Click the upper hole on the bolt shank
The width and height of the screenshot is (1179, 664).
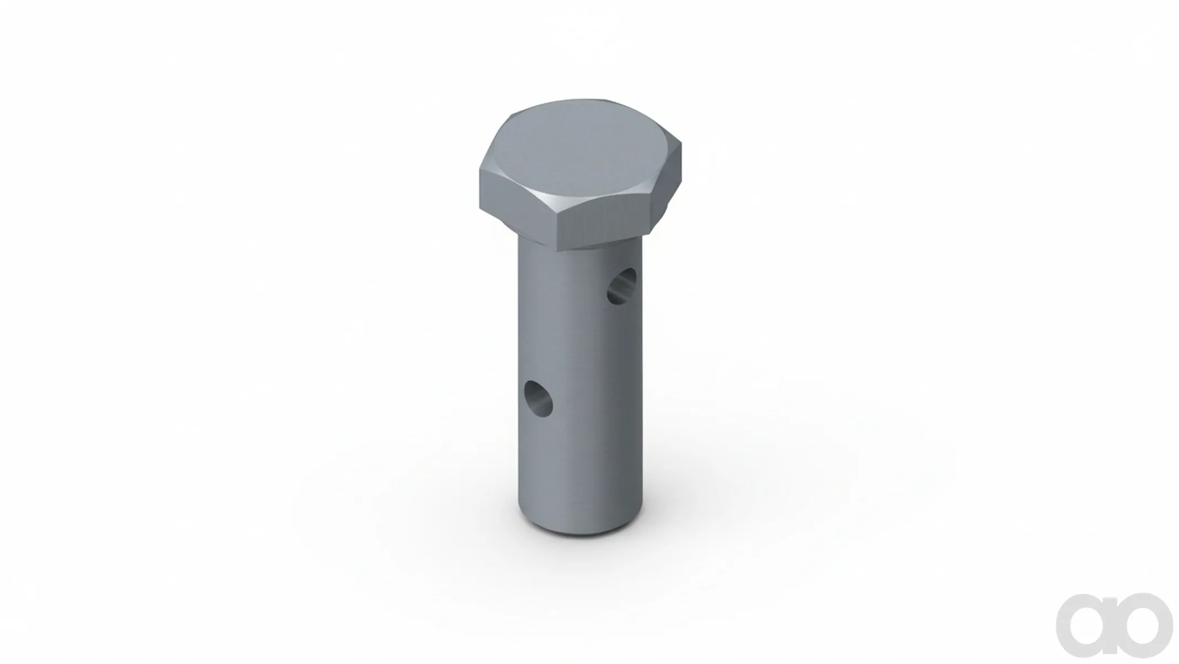pyautogui.click(x=622, y=286)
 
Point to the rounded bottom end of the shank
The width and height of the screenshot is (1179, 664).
pyautogui.click(x=580, y=523)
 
